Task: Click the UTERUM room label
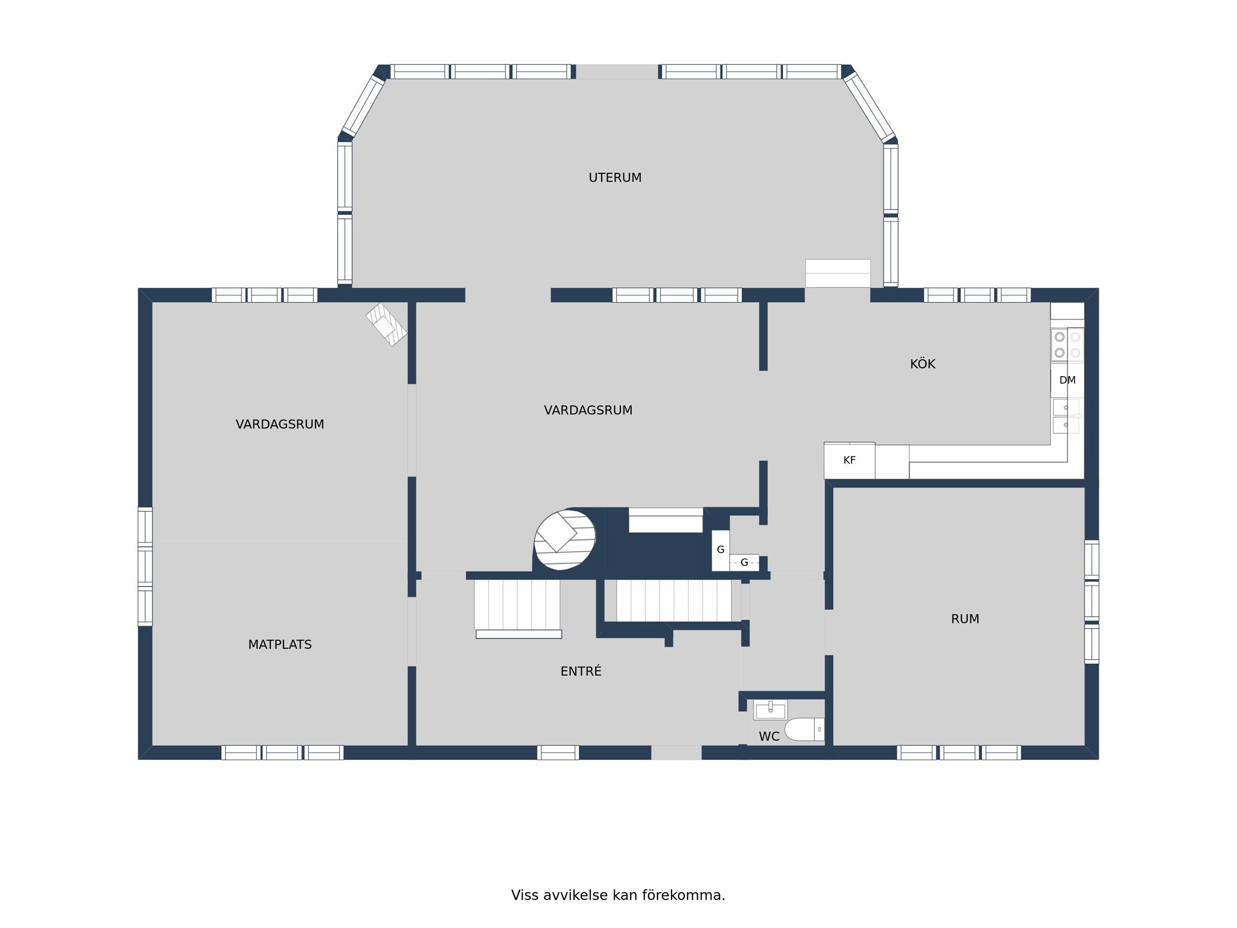pyautogui.click(x=615, y=178)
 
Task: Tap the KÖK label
pyautogui.click(x=922, y=364)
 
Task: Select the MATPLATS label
pyautogui.click(x=280, y=644)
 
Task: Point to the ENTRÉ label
pyautogui.click(x=580, y=671)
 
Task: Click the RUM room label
pyautogui.click(x=965, y=619)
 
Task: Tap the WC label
pyautogui.click(x=769, y=736)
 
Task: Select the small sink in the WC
pyautogui.click(x=770, y=710)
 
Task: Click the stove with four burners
pyautogui.click(x=1067, y=345)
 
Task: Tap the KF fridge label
pyautogui.click(x=849, y=460)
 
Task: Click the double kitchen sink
pyautogui.click(x=1066, y=416)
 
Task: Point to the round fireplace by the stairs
pyautogui.click(x=565, y=540)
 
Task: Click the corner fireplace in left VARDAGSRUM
pyautogui.click(x=386, y=325)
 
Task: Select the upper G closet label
pyautogui.click(x=720, y=550)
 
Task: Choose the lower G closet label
pyautogui.click(x=744, y=563)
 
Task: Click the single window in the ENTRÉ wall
pyautogui.click(x=558, y=752)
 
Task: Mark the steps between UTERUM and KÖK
pyautogui.click(x=838, y=274)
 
